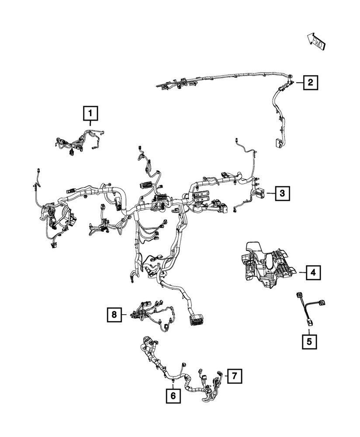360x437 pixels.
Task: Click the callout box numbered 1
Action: (x=90, y=114)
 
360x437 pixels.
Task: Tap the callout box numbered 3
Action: (x=282, y=192)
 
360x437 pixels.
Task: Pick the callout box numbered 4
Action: (x=313, y=273)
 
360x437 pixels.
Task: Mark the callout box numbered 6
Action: (x=173, y=396)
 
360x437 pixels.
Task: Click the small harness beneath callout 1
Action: (x=79, y=142)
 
